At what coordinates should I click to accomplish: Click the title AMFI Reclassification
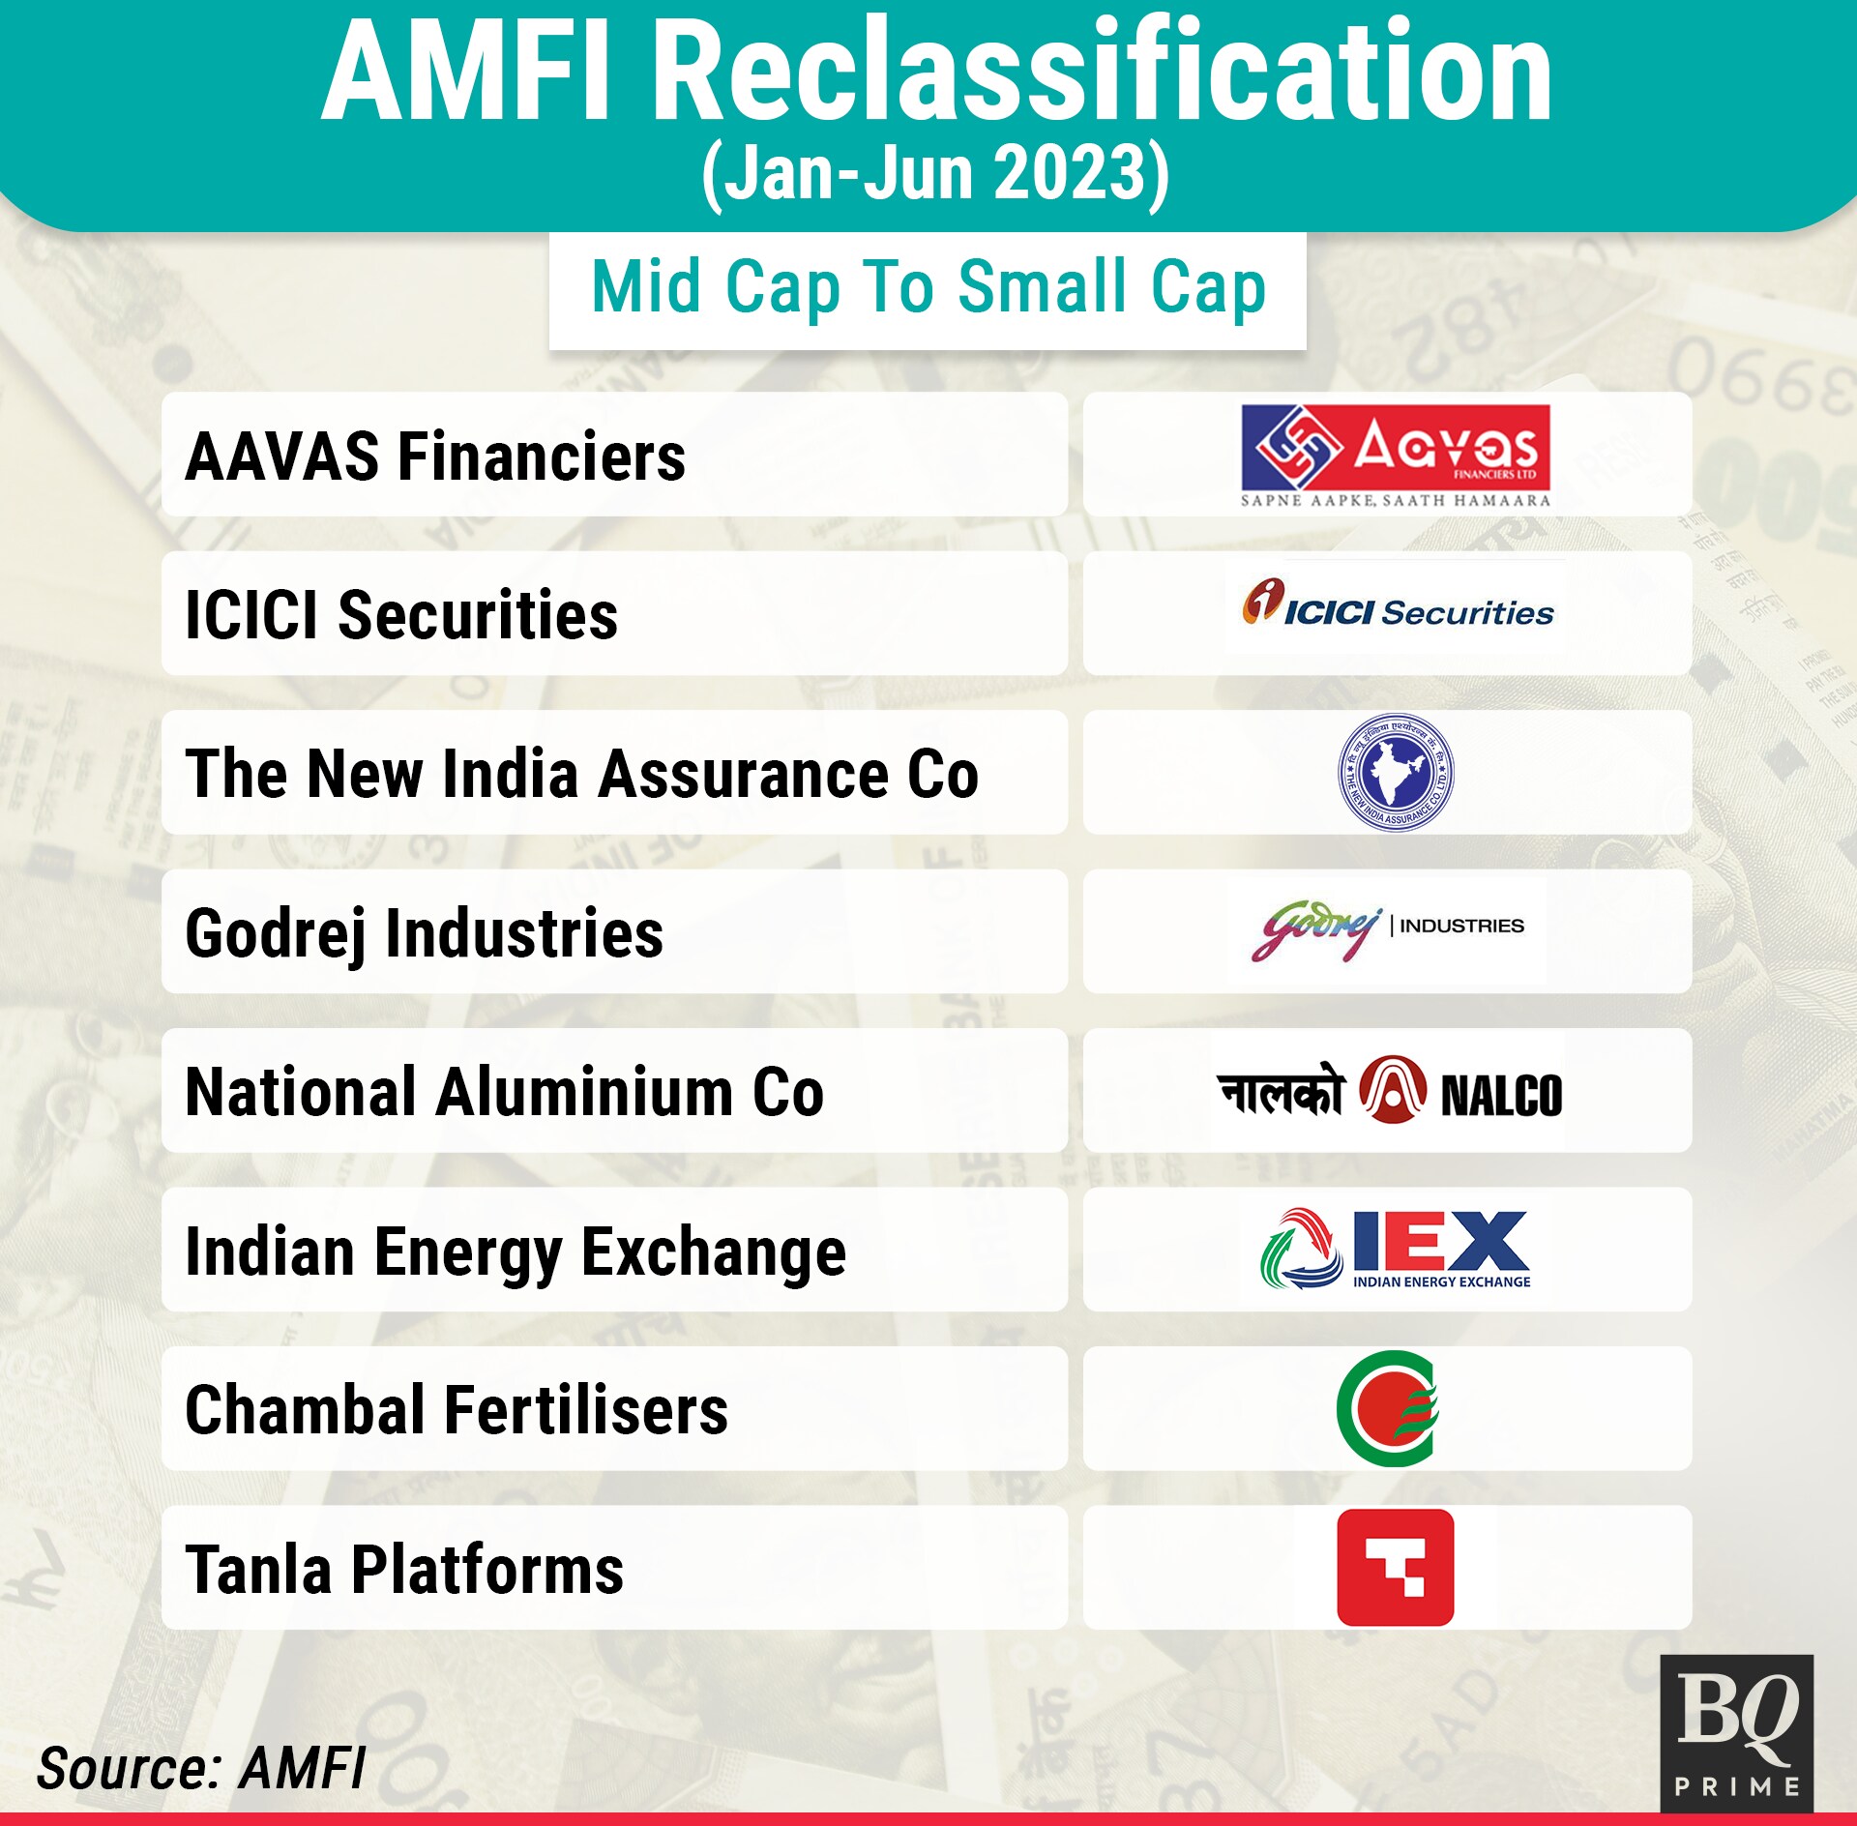(x=936, y=72)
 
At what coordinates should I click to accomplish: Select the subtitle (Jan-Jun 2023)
(x=935, y=174)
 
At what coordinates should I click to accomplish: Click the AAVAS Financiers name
(x=435, y=456)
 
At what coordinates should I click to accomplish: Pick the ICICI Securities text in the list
(x=401, y=615)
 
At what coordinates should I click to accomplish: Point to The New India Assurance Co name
(x=582, y=774)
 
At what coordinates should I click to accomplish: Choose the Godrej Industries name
(x=425, y=934)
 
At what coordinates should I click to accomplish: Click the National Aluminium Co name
(x=505, y=1092)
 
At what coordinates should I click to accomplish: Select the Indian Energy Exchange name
(x=516, y=1252)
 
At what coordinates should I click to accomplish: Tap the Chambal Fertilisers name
(x=457, y=1410)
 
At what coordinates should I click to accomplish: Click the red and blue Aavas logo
(x=1396, y=456)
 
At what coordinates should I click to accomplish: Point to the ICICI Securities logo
(x=1398, y=604)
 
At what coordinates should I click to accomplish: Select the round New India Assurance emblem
(x=1396, y=772)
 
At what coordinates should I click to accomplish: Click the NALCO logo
(x=1390, y=1090)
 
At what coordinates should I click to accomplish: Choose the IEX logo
(x=1396, y=1249)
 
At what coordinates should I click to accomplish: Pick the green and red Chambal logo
(x=1388, y=1408)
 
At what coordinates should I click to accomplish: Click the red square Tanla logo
(x=1396, y=1567)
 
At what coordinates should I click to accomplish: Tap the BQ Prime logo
(x=1737, y=1732)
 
